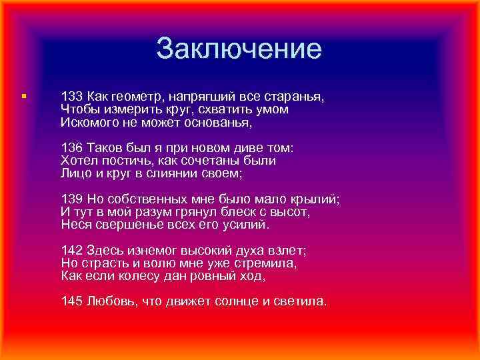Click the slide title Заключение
tap(239, 49)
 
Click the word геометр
tap(137, 97)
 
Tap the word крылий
tap(317, 199)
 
